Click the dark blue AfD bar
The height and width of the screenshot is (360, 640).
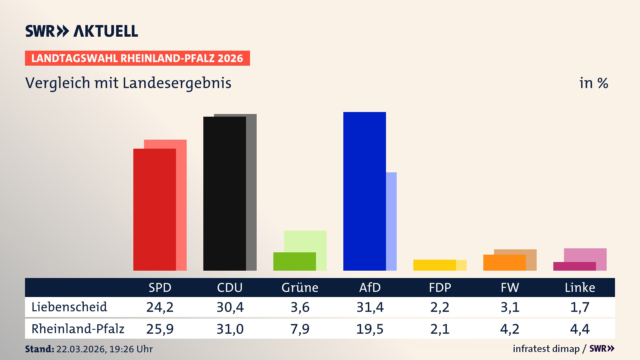364,191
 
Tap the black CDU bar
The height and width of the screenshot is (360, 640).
224,193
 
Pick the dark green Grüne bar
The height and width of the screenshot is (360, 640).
294,261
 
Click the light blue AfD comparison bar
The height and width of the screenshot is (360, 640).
391,221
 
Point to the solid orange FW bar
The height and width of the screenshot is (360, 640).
504,263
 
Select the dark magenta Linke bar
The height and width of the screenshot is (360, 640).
574,266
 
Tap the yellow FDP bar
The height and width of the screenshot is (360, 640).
434,265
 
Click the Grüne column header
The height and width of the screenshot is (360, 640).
300,288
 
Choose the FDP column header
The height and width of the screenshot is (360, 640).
440,288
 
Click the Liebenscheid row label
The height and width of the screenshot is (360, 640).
69,307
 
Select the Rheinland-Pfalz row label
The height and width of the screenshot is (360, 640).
78,329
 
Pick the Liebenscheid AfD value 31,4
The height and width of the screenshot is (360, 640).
370,307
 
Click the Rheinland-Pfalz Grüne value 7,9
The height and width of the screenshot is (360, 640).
300,329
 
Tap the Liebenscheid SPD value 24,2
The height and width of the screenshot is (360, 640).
160,307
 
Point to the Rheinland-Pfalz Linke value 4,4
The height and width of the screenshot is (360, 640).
580,329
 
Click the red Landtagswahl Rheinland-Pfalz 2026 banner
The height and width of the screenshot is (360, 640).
137,58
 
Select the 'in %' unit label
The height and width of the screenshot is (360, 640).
593,83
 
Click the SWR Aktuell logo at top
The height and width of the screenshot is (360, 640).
82,31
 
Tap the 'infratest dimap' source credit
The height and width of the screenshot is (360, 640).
546,349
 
